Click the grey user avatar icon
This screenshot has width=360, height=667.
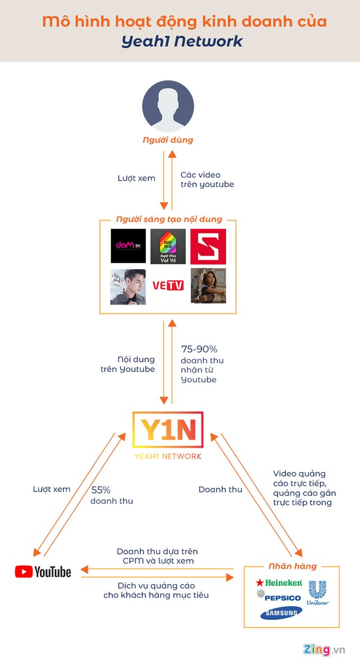[168, 106]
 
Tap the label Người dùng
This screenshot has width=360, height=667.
[168, 139]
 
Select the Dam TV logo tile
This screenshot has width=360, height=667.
[128, 246]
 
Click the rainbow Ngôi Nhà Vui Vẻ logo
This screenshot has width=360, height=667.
[168, 246]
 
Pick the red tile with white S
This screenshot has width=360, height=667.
[208, 246]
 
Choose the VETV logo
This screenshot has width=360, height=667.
[168, 286]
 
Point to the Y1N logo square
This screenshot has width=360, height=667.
[168, 432]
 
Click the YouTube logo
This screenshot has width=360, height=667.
[43, 572]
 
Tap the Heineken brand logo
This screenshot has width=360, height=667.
[279, 583]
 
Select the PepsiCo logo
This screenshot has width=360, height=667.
[279, 597]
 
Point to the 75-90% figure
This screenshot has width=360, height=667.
[199, 349]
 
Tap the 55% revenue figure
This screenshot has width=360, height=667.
[101, 490]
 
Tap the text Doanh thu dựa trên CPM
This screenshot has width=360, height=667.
[157, 556]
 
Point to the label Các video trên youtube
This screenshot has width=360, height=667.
[206, 180]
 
